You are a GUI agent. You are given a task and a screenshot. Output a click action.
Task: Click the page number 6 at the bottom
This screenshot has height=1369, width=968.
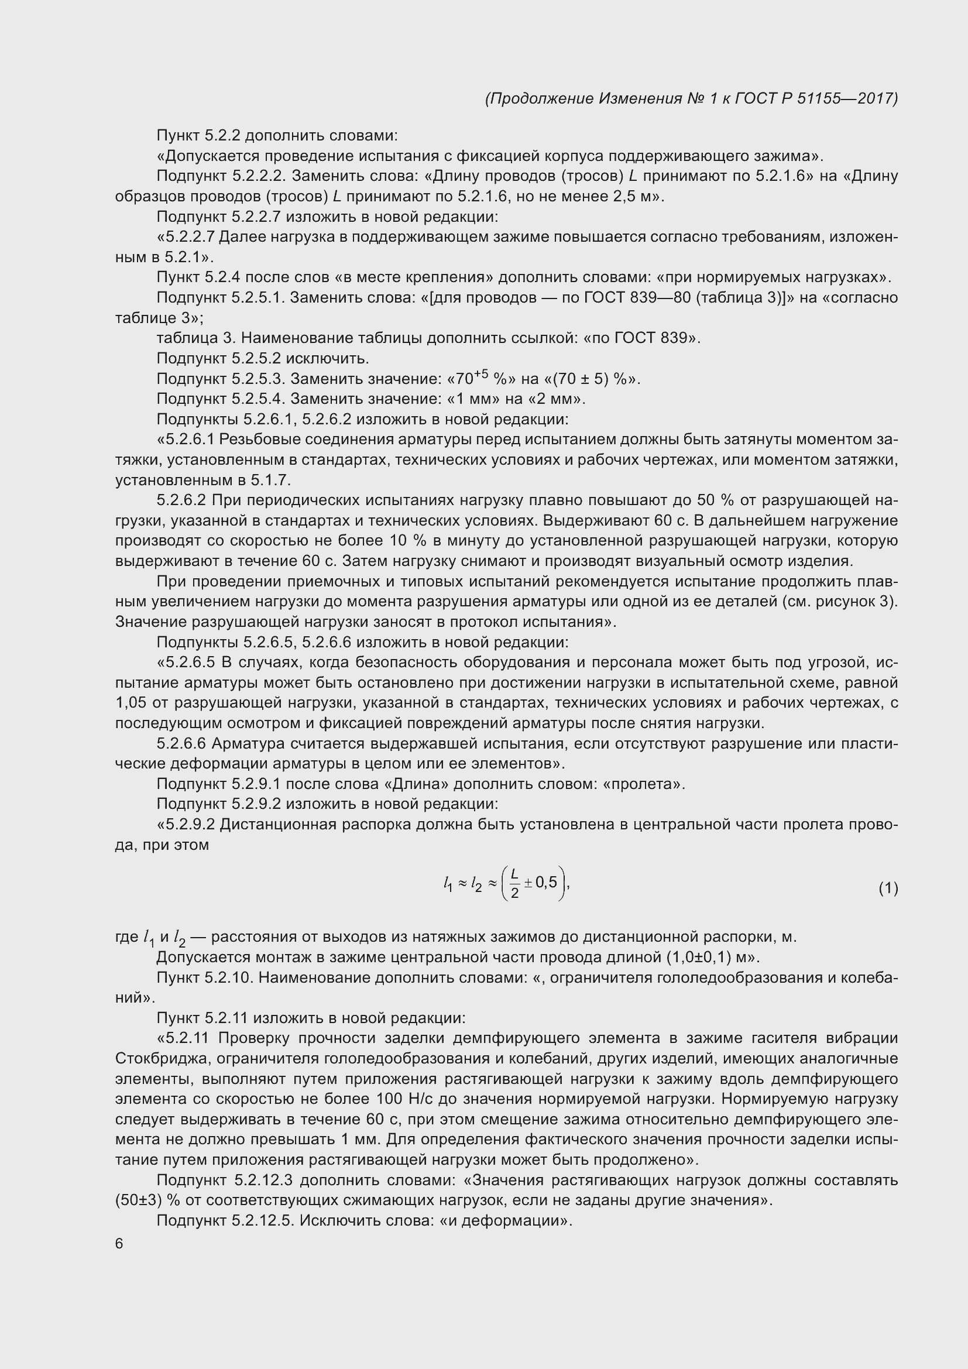(x=119, y=1244)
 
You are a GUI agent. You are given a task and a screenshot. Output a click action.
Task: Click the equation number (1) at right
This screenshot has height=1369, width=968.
(x=888, y=889)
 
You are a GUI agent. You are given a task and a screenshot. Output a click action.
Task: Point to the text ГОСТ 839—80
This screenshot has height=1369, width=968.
(x=636, y=297)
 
